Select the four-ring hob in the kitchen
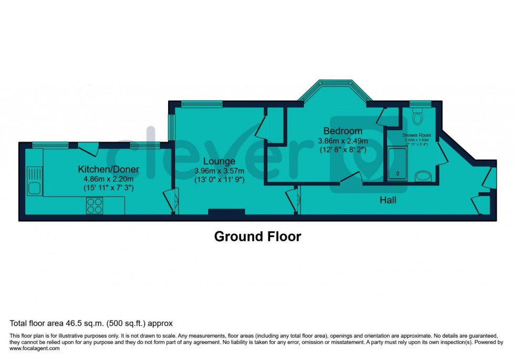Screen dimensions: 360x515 click(95, 205)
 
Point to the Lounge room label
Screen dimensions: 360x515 click(219, 161)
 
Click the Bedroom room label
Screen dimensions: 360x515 click(343, 131)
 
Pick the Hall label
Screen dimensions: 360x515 click(388, 200)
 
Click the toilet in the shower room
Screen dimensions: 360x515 click(418, 117)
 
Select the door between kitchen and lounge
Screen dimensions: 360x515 click(170, 202)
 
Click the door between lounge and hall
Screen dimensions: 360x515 click(292, 202)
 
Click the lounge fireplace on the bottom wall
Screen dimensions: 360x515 click(226, 212)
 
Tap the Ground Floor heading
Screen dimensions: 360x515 click(257, 236)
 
